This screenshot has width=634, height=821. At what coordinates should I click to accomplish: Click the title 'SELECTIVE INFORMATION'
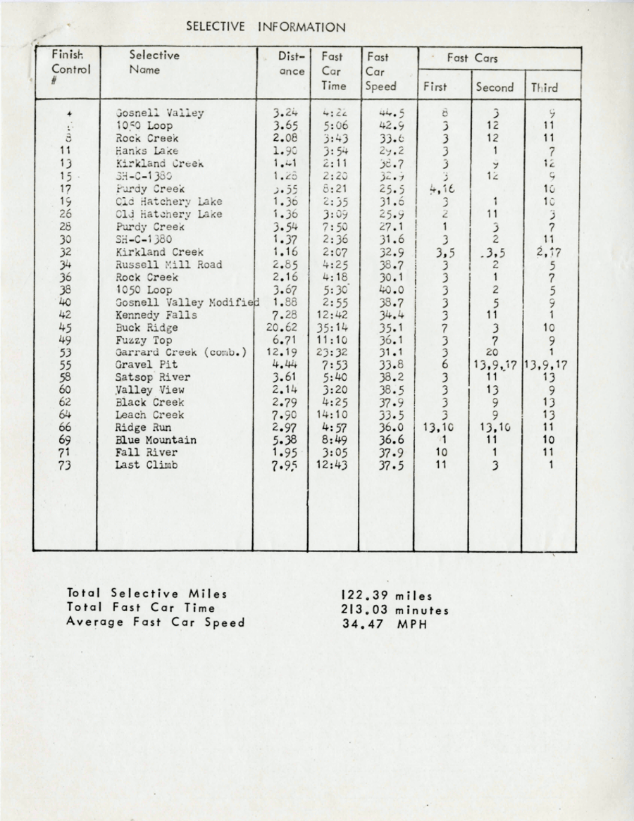click(x=266, y=27)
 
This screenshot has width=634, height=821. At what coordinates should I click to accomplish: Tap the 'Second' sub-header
click(x=495, y=88)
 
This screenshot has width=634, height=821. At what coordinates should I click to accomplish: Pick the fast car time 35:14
click(x=333, y=327)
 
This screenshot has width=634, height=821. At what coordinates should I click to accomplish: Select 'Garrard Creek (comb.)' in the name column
click(x=180, y=353)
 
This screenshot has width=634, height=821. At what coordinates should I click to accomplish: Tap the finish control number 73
click(x=64, y=465)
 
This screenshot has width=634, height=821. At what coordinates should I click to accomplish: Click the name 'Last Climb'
click(x=147, y=465)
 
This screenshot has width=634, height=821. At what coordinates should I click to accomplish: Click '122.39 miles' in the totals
click(x=386, y=596)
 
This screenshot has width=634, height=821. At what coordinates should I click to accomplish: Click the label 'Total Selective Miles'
click(x=147, y=594)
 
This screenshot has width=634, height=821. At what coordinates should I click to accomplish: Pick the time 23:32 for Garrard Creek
click(x=333, y=353)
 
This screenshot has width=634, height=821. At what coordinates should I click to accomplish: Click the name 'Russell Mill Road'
click(x=169, y=265)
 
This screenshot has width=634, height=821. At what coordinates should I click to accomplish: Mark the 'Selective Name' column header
click(x=154, y=62)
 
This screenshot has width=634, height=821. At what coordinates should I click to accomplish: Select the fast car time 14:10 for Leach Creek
click(x=333, y=415)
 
